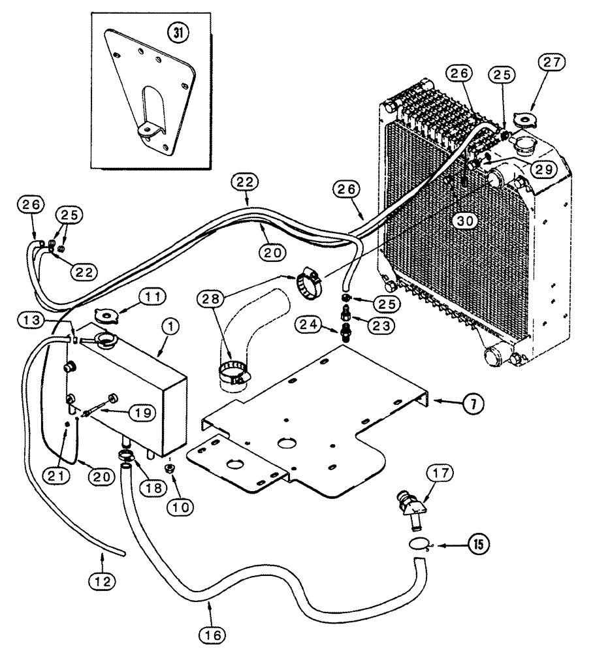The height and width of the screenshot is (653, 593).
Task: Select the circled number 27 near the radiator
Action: click(553, 64)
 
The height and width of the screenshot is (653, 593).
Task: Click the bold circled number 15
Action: click(477, 543)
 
